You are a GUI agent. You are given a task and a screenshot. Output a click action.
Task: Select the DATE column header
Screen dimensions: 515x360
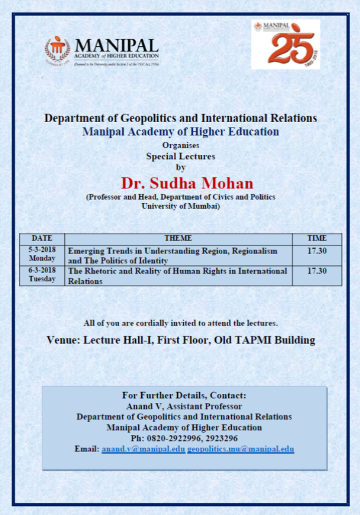(42, 238)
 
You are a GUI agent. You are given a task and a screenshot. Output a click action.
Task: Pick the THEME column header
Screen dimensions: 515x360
(178, 238)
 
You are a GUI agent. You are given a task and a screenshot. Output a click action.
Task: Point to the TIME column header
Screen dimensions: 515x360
(317, 238)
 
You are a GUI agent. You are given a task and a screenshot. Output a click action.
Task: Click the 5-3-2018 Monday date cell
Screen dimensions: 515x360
(42, 254)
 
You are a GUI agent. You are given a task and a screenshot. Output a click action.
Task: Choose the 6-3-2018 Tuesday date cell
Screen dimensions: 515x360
(42, 275)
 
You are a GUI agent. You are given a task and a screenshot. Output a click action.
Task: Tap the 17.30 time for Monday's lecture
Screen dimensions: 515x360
(317, 250)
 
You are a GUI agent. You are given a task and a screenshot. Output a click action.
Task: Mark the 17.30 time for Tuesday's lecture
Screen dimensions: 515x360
(317, 271)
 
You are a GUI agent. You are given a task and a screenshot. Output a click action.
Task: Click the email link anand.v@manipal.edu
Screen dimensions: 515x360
(143, 449)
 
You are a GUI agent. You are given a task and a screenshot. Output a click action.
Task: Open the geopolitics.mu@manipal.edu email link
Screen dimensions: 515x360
(240, 449)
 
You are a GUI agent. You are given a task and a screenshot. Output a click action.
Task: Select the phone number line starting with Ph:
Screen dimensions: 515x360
(184, 439)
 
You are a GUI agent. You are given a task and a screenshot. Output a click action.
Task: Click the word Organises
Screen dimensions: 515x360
(181, 146)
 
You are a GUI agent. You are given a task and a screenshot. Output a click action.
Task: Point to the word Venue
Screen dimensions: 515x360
(63, 340)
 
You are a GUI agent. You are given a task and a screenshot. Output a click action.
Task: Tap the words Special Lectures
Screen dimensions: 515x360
(181, 156)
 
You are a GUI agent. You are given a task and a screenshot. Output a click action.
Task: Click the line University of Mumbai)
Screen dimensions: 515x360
(181, 206)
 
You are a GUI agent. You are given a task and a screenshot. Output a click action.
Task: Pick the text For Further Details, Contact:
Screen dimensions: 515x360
(184, 395)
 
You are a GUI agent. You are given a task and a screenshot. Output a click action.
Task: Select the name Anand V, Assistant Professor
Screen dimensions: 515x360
(184, 406)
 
